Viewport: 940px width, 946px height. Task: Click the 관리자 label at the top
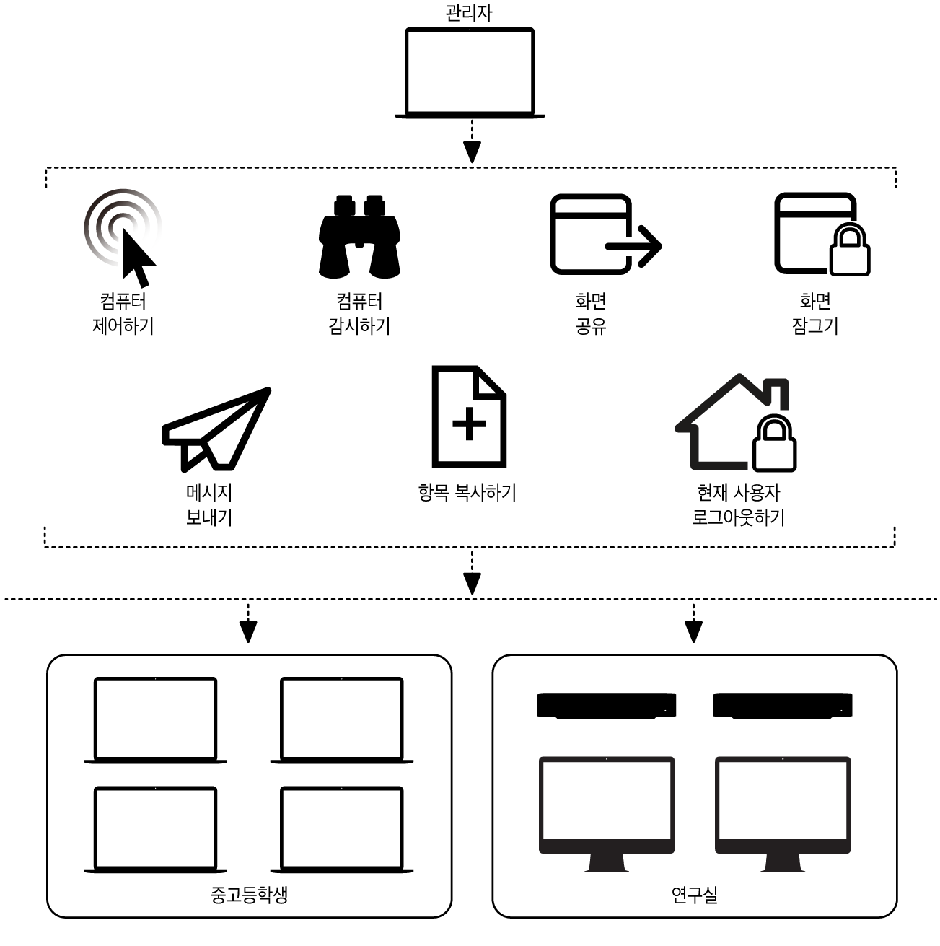point(469,13)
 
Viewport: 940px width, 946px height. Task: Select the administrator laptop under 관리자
point(470,72)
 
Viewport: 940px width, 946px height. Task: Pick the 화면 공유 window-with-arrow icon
point(605,235)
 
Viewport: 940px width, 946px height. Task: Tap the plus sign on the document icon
point(469,423)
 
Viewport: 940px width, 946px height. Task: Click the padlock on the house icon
point(774,444)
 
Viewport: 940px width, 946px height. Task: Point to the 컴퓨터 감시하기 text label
point(359,313)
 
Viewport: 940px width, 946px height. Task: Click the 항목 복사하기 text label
point(467,493)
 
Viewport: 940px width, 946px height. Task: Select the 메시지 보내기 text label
point(209,505)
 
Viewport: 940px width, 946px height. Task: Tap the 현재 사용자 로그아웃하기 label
point(738,505)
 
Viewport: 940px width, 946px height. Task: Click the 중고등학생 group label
point(249,895)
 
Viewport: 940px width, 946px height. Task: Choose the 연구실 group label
point(694,895)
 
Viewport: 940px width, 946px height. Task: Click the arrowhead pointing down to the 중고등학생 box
point(248,631)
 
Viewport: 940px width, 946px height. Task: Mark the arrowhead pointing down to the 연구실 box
point(693,631)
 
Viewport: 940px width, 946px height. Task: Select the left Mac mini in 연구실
point(607,706)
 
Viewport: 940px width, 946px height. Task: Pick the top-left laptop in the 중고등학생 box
point(155,720)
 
